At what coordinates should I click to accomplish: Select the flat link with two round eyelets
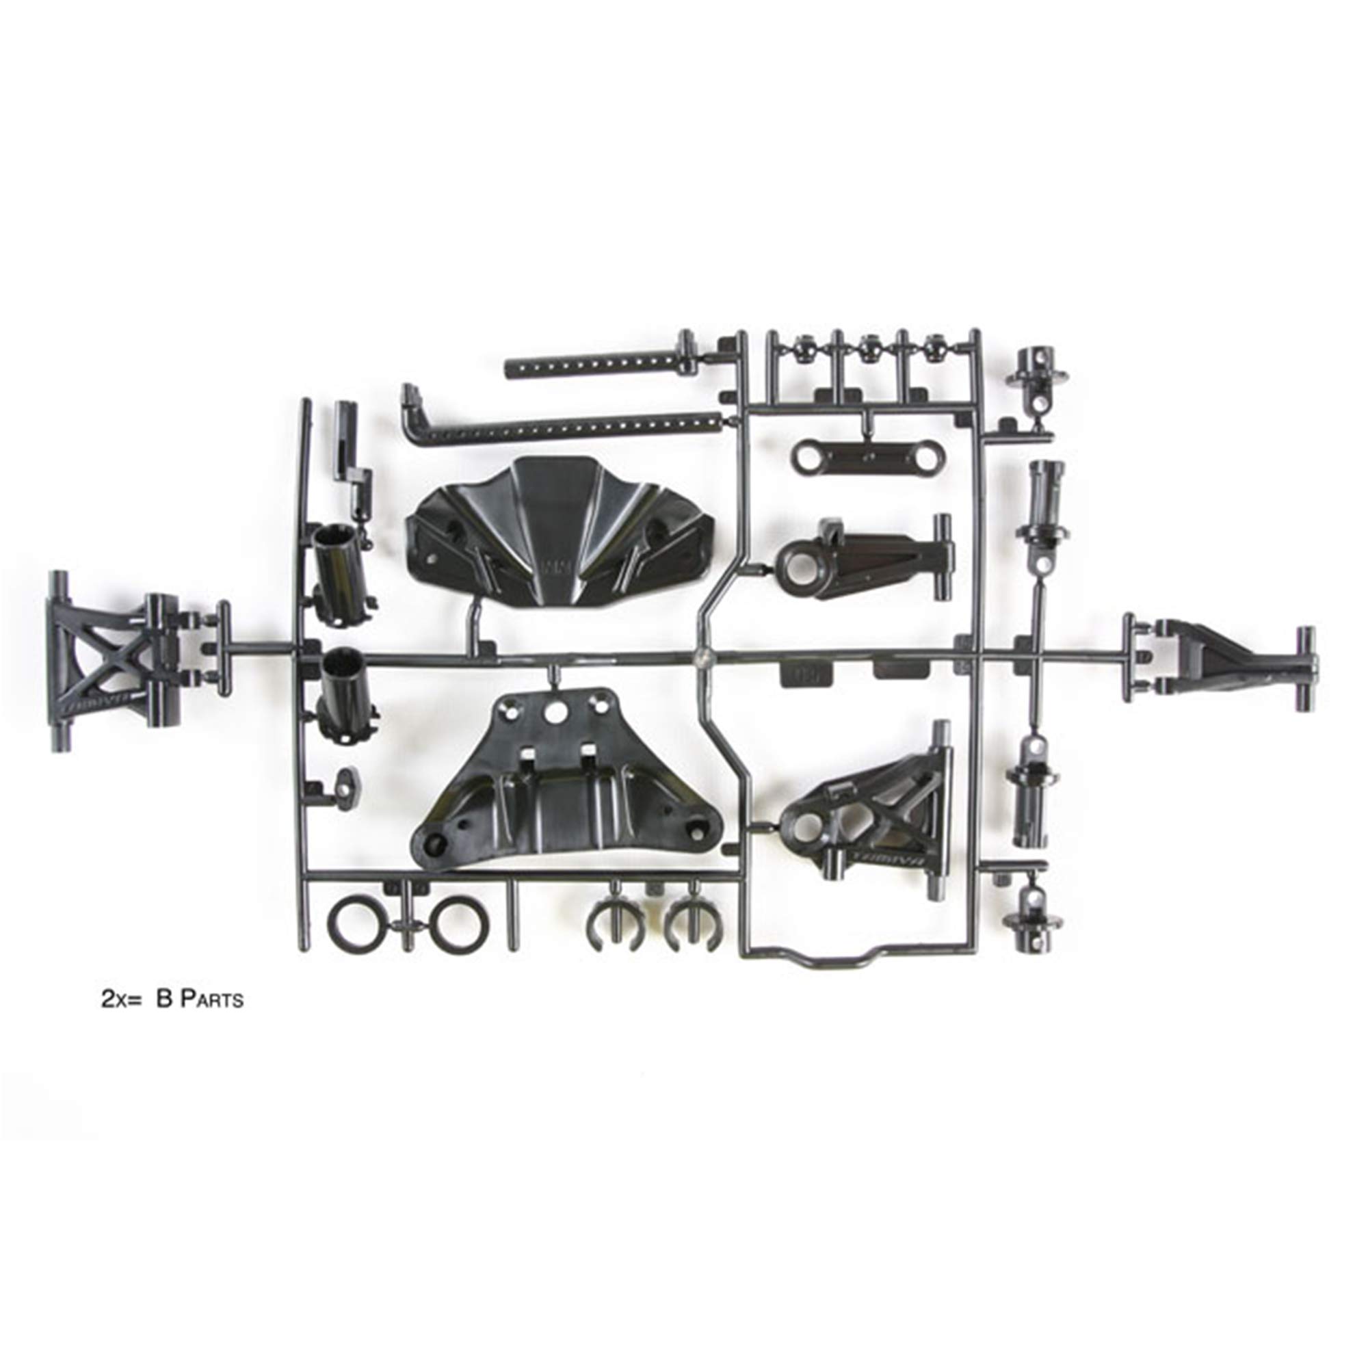pyautogui.click(x=860, y=456)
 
